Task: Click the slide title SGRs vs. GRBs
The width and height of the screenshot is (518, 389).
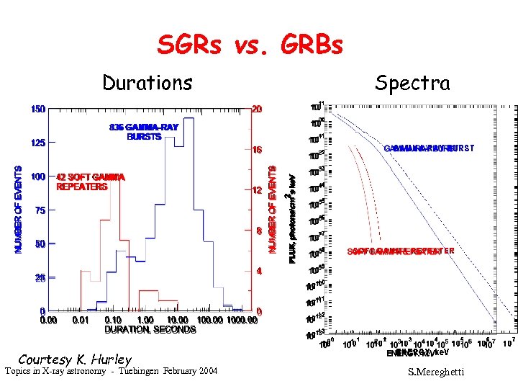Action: tap(250, 46)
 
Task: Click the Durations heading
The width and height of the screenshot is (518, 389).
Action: tap(147, 83)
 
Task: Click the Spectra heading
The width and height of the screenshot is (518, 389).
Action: tap(412, 83)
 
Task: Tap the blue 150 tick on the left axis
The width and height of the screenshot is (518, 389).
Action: tap(37, 109)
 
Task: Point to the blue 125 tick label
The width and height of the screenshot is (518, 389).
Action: tap(37, 143)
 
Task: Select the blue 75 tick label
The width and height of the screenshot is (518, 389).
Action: tap(37, 210)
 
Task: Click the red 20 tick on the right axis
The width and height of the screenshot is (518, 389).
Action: tap(256, 109)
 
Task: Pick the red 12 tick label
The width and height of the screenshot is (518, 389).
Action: tap(256, 191)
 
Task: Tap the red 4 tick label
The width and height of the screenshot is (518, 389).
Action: tap(258, 272)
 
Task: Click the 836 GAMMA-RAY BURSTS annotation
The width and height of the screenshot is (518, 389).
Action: tap(144, 132)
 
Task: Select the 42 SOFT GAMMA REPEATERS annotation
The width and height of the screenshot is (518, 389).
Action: tap(91, 182)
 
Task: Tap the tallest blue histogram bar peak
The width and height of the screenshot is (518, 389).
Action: tap(189, 117)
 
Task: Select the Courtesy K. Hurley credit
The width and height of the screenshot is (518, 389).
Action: tap(75, 359)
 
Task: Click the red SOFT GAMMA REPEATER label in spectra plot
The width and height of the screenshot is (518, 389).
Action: tap(401, 251)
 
